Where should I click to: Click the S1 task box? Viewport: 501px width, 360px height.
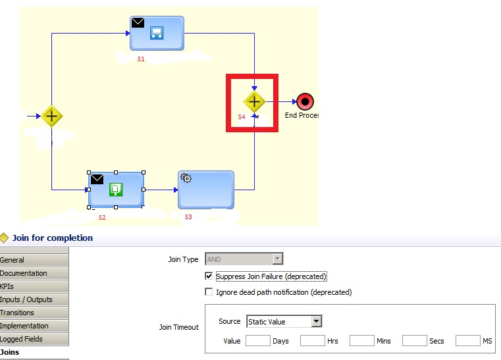(x=157, y=33)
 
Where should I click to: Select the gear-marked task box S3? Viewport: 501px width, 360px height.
(x=206, y=190)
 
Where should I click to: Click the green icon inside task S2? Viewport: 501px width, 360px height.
(x=116, y=189)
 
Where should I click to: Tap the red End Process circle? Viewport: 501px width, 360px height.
(x=305, y=101)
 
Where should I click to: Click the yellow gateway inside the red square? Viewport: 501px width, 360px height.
(x=254, y=102)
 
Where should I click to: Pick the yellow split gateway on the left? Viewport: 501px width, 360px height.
(x=52, y=116)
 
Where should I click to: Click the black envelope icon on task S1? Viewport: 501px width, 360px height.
(x=138, y=22)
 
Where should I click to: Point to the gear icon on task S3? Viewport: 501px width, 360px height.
(x=186, y=178)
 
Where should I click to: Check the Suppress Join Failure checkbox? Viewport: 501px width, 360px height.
(x=209, y=276)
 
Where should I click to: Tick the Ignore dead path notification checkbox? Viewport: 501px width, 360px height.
(x=209, y=292)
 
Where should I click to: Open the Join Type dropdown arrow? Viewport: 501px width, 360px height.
(x=277, y=259)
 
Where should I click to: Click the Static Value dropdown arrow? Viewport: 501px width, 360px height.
(x=316, y=321)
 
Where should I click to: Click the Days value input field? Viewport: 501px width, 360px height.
(x=258, y=340)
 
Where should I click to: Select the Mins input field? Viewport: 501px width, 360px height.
(x=362, y=340)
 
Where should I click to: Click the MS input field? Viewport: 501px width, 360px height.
(x=468, y=340)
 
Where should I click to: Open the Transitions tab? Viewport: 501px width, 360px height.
(x=34, y=313)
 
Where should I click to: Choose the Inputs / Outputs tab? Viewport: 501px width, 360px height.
(x=34, y=299)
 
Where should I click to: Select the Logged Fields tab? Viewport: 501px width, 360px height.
(x=34, y=339)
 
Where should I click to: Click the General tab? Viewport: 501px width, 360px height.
(x=34, y=260)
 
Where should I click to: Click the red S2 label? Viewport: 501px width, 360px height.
(x=102, y=218)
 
